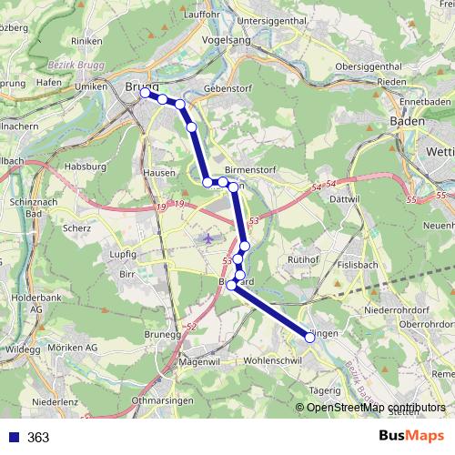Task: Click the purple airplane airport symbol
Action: pos(209,238)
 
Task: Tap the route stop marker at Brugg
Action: pos(146,93)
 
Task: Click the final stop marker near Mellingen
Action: pos(310,337)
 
